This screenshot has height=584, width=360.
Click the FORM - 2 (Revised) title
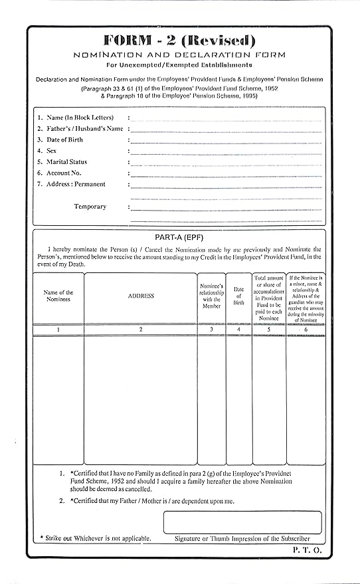click(179, 39)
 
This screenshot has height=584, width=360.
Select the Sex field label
click(51, 151)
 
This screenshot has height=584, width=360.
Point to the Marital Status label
click(66, 162)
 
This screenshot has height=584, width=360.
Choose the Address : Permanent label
click(76, 185)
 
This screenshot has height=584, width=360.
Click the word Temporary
click(90, 207)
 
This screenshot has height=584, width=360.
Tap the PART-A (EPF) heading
click(178, 237)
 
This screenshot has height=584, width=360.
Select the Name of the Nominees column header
click(58, 296)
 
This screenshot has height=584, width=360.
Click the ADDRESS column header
click(141, 296)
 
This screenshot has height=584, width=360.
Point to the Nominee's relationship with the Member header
click(211, 296)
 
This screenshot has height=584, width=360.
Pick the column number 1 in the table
click(58, 330)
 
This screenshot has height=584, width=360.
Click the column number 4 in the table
click(238, 330)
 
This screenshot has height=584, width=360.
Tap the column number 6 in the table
click(306, 330)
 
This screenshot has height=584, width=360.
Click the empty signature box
click(242, 522)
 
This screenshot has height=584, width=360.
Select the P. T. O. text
click(306, 551)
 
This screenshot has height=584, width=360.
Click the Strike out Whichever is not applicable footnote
click(95, 538)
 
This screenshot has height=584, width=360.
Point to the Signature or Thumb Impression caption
click(242, 538)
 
